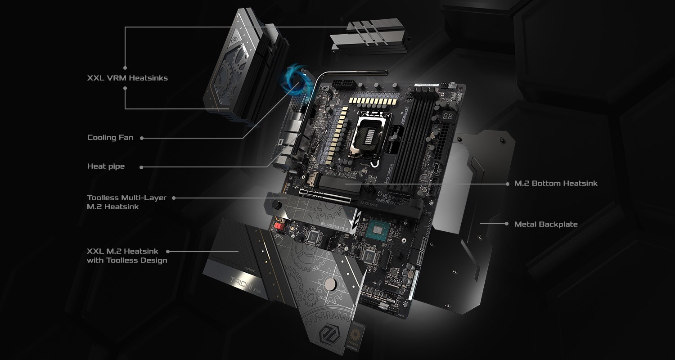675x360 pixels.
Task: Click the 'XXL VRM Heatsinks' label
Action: [127, 78]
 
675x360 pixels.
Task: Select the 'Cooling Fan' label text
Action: [110, 137]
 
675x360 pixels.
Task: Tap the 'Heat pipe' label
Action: [106, 166]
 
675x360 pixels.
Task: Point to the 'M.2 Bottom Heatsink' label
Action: [556, 183]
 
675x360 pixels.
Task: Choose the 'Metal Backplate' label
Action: [546, 224]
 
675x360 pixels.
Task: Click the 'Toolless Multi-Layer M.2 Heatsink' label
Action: [126, 202]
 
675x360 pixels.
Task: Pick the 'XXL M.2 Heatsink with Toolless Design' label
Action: [127, 256]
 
